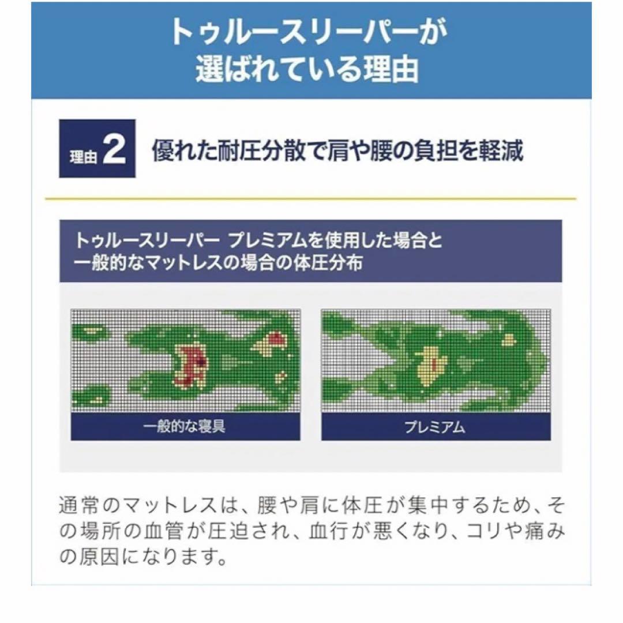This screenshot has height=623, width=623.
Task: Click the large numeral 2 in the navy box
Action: coord(114,149)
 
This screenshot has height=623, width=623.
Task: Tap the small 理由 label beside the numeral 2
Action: coord(84,157)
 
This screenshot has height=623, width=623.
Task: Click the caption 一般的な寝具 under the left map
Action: coord(185,427)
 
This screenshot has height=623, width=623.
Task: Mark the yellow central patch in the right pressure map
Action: coord(430,366)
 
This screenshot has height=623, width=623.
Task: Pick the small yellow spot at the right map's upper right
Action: coord(509,339)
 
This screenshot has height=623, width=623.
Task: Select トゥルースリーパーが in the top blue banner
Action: coord(309,32)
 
